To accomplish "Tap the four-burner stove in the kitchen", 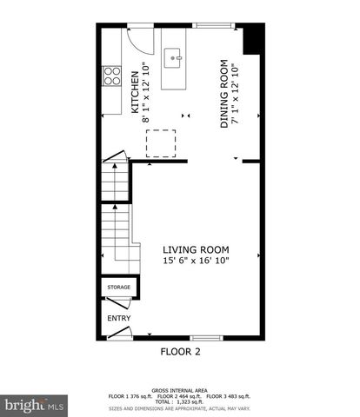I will click(111, 76).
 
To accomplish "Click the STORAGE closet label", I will click(118, 287).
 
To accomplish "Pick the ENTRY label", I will click(118, 318).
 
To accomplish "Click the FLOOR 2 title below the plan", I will click(180, 352).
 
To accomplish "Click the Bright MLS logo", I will click(35, 405).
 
